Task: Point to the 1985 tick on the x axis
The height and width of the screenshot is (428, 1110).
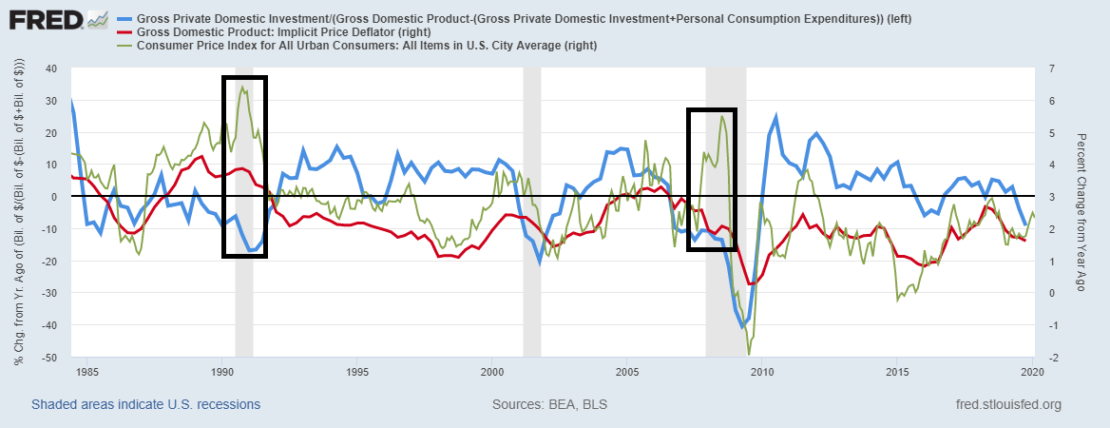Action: pyautogui.click(x=86, y=371)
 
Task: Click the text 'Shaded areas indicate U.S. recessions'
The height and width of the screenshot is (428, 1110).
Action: pyautogui.click(x=145, y=405)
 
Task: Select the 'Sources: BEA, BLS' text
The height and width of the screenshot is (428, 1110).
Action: pyautogui.click(x=549, y=405)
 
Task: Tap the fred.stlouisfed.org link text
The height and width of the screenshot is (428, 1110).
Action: pyautogui.click(x=1008, y=405)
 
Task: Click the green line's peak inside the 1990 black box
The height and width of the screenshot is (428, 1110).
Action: pyautogui.click(x=242, y=87)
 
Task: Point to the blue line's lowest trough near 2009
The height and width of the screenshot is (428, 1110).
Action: pyautogui.click(x=742, y=327)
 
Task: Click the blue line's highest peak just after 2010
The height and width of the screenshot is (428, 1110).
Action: pyautogui.click(x=776, y=116)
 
